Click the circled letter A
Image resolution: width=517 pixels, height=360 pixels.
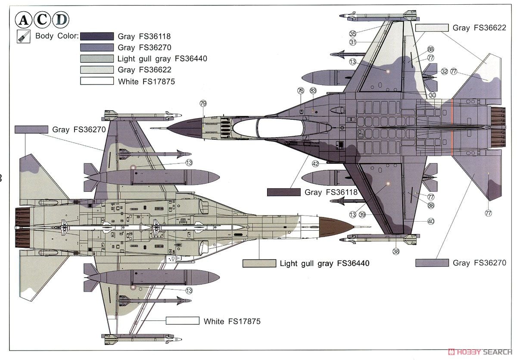coord(24,20)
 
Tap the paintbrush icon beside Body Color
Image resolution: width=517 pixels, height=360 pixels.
coord(22,36)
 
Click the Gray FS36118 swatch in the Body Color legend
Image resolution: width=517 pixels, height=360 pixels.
coord(97,36)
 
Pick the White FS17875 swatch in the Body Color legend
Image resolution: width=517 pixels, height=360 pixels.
coord(97,81)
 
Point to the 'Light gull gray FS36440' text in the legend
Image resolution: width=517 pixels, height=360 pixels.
coord(162,59)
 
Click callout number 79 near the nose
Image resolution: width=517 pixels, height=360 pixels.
coord(203,103)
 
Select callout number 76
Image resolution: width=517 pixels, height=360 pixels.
coord(300,91)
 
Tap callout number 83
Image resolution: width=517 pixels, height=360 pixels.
coord(313,91)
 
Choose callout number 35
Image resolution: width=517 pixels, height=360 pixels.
coord(352,34)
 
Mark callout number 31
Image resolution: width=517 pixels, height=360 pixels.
coord(352,42)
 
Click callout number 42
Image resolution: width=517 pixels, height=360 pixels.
coord(315,164)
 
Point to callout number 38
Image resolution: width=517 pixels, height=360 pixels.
coord(396,251)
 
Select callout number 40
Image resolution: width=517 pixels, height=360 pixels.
coord(430,221)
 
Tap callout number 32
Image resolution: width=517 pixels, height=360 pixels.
coord(444,72)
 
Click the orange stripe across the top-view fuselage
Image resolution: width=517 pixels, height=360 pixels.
coord(452,128)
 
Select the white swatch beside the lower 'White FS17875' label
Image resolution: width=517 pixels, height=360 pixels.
coord(183,321)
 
